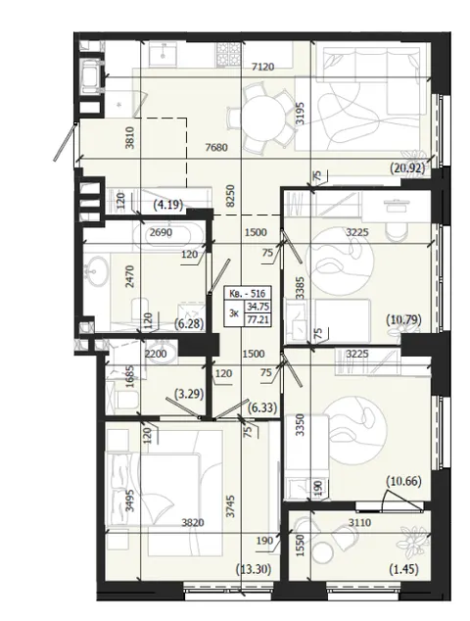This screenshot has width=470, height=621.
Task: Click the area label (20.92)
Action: (407, 169)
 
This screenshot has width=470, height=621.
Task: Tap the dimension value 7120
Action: (263, 67)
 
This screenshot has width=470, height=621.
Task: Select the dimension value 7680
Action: (216, 147)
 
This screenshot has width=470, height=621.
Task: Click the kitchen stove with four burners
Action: (228, 54)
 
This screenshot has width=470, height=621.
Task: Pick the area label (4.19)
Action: (168, 205)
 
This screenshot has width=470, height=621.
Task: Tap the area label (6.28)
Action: (189, 324)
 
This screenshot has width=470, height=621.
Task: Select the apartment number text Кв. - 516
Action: (248, 294)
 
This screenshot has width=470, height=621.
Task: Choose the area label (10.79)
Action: (403, 319)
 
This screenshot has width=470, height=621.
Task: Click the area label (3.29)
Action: (189, 394)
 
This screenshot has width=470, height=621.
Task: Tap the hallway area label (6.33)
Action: (261, 407)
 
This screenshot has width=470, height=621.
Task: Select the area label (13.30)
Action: (254, 569)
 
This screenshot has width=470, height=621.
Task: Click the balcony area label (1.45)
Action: (403, 569)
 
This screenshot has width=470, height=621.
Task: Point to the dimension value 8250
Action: (231, 195)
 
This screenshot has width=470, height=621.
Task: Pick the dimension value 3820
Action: (193, 523)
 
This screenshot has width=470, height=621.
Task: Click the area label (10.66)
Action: (403, 482)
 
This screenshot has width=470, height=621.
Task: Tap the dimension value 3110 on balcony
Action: (360, 523)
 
